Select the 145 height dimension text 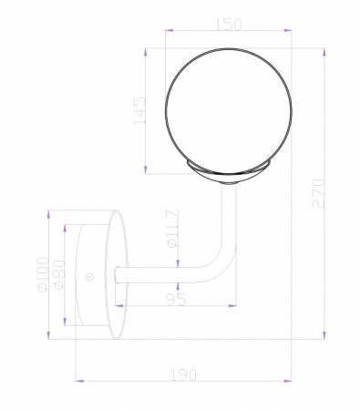[x=139, y=113]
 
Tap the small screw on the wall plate [x=89, y=276]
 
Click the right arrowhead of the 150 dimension [x=289, y=34]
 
